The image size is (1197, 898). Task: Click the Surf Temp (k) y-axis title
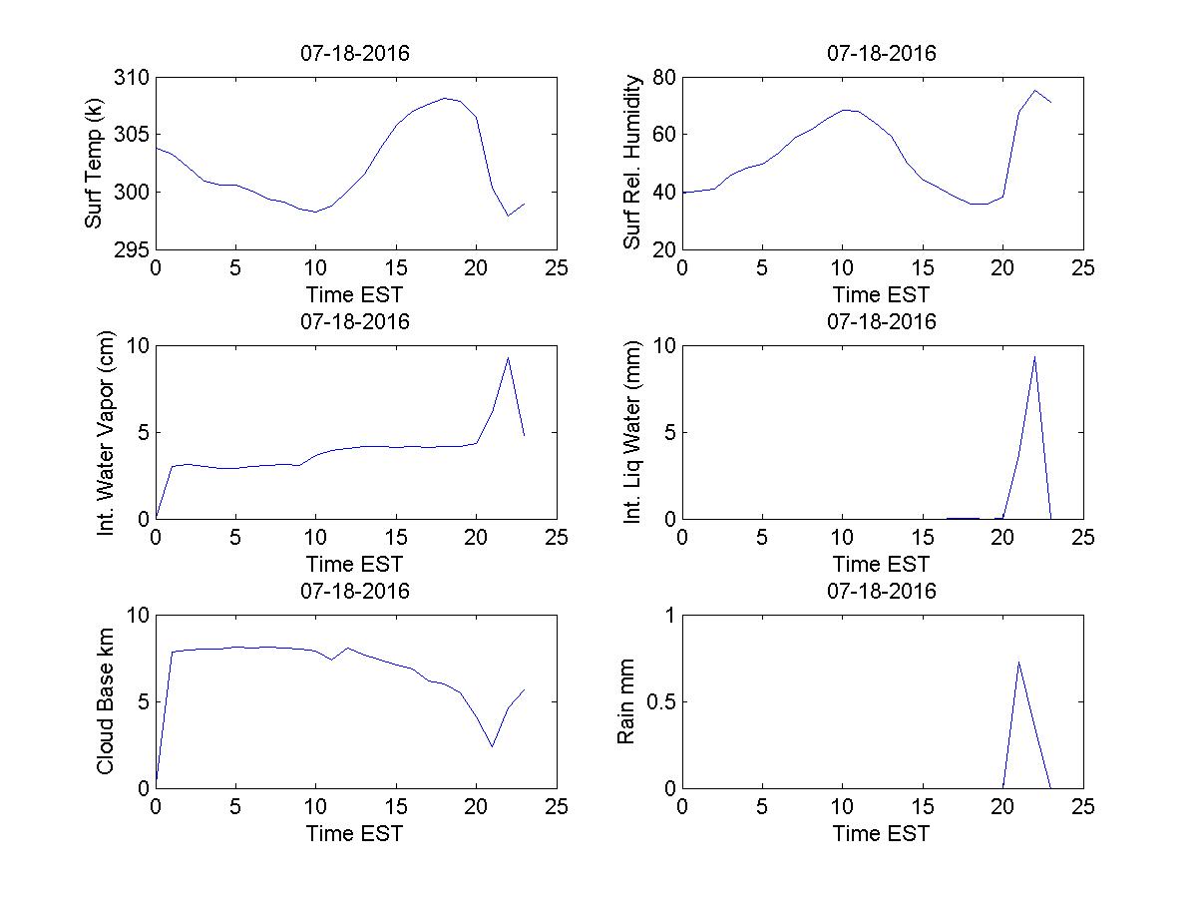[95, 164]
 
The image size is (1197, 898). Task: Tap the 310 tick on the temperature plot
[133, 78]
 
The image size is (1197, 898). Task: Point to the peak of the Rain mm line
[1018, 662]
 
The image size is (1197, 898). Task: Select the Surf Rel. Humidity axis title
[631, 164]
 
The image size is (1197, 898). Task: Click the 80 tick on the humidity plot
[663, 78]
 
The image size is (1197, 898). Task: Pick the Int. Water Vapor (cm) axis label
[107, 432]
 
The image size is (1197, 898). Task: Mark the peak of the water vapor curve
[508, 357]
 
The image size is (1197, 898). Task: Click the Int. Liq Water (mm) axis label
[631, 432]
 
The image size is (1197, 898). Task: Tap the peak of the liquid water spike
[1034, 356]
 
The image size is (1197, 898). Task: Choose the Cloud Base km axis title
[105, 701]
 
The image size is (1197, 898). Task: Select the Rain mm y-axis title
[625, 701]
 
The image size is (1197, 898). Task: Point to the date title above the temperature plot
[355, 54]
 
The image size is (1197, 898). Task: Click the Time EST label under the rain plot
[881, 833]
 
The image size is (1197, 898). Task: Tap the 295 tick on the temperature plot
[133, 249]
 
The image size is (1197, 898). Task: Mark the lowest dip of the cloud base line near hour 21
[492, 746]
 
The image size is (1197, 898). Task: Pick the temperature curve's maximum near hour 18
[445, 98]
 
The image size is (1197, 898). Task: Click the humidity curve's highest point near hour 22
[1034, 91]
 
